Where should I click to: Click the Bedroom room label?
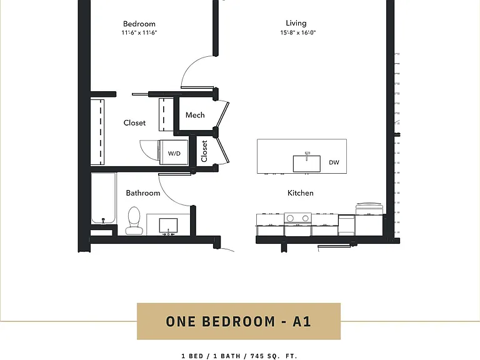(x=139, y=24)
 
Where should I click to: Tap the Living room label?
(x=296, y=23)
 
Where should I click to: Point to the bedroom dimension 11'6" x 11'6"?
(x=139, y=32)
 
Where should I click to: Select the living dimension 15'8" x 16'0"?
(x=298, y=32)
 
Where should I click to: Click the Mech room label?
(x=195, y=115)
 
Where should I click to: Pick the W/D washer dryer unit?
(x=173, y=152)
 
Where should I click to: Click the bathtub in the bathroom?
(x=104, y=198)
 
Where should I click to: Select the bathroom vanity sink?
(x=168, y=226)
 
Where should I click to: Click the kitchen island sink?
(x=307, y=164)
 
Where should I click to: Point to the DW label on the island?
(x=334, y=162)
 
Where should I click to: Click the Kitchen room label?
(x=300, y=193)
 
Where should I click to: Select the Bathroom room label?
(x=143, y=193)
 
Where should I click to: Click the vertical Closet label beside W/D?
(x=204, y=151)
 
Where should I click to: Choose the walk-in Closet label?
(x=134, y=122)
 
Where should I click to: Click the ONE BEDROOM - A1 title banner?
(x=239, y=321)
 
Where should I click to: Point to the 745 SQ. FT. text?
(x=274, y=356)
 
